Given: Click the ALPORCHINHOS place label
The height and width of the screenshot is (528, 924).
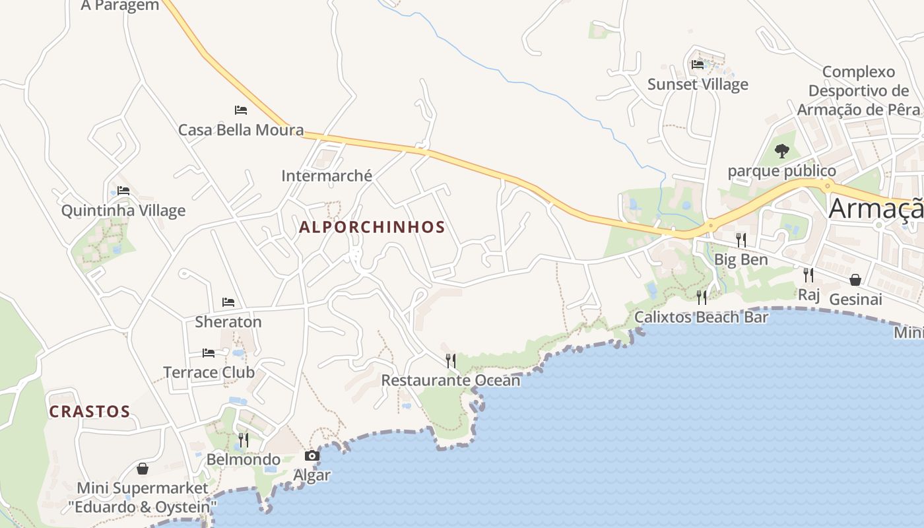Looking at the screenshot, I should (372, 227).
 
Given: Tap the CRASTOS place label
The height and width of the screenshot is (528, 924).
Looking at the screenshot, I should (90, 411).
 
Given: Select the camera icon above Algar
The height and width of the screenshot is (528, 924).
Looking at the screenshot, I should (312, 455).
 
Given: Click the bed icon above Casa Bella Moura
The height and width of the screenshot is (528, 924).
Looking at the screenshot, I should (241, 110).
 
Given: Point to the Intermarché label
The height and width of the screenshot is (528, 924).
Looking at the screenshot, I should (327, 176).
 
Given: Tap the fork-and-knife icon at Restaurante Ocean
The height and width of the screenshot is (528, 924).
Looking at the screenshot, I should (451, 360).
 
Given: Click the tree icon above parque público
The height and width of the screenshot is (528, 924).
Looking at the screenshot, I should (782, 151).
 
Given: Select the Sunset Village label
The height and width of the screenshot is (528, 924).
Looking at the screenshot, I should (698, 84).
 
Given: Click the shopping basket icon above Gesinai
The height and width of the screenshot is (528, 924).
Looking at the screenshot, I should (855, 280).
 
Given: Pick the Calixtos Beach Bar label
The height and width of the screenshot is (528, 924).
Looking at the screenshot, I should (702, 317).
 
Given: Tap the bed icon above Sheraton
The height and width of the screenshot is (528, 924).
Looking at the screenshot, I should (228, 302).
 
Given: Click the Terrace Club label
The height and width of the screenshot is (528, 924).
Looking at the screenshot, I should (209, 372).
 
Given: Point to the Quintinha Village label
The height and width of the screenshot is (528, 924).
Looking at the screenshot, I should (123, 211).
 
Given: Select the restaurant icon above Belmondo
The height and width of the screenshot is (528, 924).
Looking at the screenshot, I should (244, 440).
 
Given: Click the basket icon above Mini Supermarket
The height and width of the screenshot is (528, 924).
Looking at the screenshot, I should (143, 469).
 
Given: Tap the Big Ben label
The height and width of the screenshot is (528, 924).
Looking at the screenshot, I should (741, 259).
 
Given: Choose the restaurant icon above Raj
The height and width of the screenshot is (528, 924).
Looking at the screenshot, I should (808, 275).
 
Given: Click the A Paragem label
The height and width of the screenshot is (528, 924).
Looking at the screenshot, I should (119, 6).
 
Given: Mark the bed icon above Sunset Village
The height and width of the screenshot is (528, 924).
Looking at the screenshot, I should (698, 65).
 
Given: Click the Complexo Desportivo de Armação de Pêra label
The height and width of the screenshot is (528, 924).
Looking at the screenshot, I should (858, 90).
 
